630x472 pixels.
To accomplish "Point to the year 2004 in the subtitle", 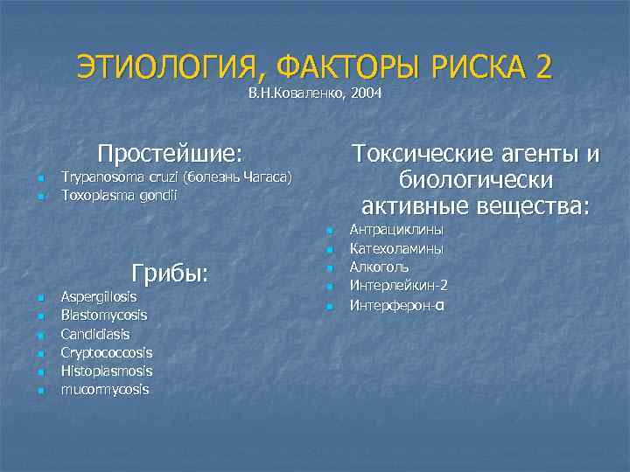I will coord(365,93).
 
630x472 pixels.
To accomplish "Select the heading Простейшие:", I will coord(170,154).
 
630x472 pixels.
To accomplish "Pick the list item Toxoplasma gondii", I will coord(118,196).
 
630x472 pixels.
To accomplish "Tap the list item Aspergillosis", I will coord(98,297).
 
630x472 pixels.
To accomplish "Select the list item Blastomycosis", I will coord(103,316).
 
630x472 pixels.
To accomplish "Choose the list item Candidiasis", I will coord(94,334).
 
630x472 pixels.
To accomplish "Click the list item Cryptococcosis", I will coord(106,352).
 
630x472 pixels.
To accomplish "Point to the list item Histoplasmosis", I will coord(106,371).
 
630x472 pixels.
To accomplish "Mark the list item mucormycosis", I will coord(104,389).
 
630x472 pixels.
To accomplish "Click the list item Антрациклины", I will coord(395,230).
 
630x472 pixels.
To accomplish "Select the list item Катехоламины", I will coord(395,249).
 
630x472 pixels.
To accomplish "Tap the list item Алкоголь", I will coord(379,267).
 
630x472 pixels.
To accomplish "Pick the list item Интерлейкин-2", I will coord(398,286).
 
